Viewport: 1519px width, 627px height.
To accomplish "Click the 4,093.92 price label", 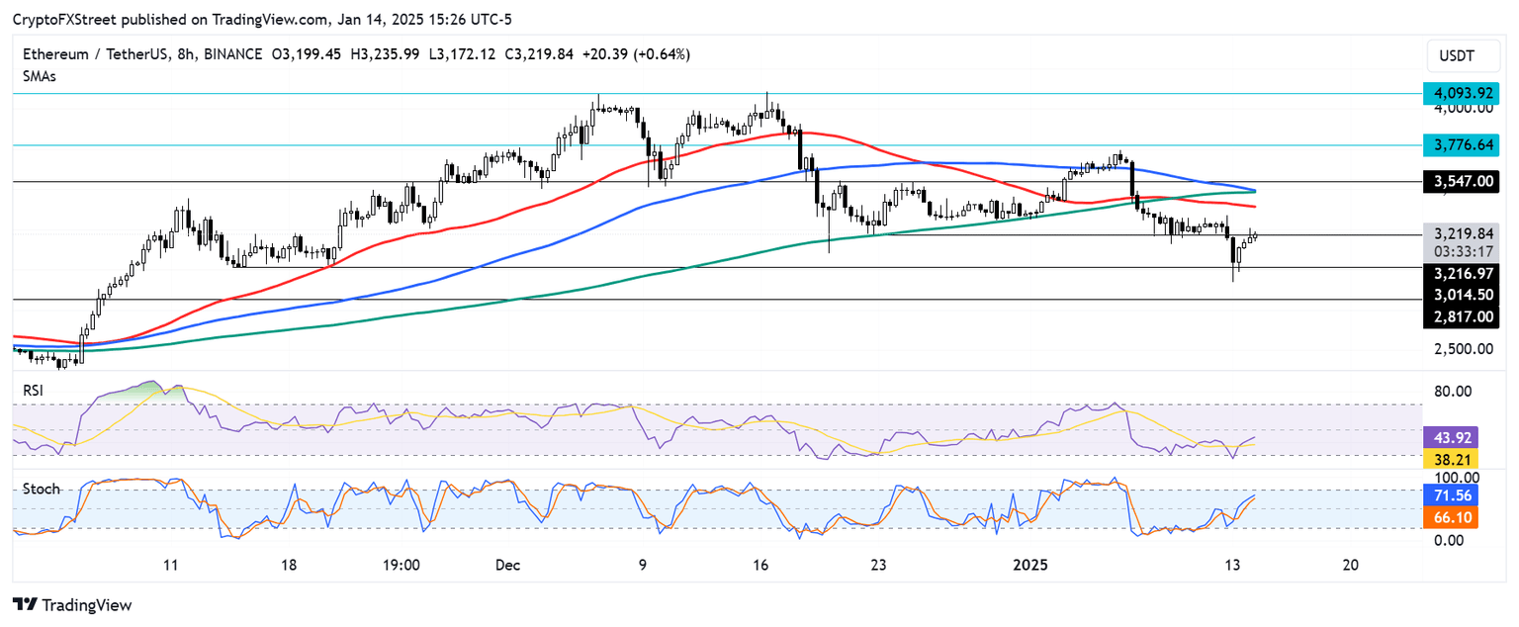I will [x=1462, y=93].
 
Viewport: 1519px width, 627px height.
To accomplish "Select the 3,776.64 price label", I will [x=1462, y=145].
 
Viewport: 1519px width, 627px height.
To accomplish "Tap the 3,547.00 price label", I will [x=1462, y=182].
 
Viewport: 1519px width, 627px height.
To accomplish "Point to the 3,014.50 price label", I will [x=1462, y=295].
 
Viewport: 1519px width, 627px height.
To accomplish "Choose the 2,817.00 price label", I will [x=1462, y=317].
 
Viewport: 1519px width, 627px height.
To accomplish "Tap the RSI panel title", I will [x=34, y=391].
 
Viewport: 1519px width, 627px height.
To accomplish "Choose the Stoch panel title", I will [x=41, y=489].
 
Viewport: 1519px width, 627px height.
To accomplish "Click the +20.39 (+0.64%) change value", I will [x=640, y=54].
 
